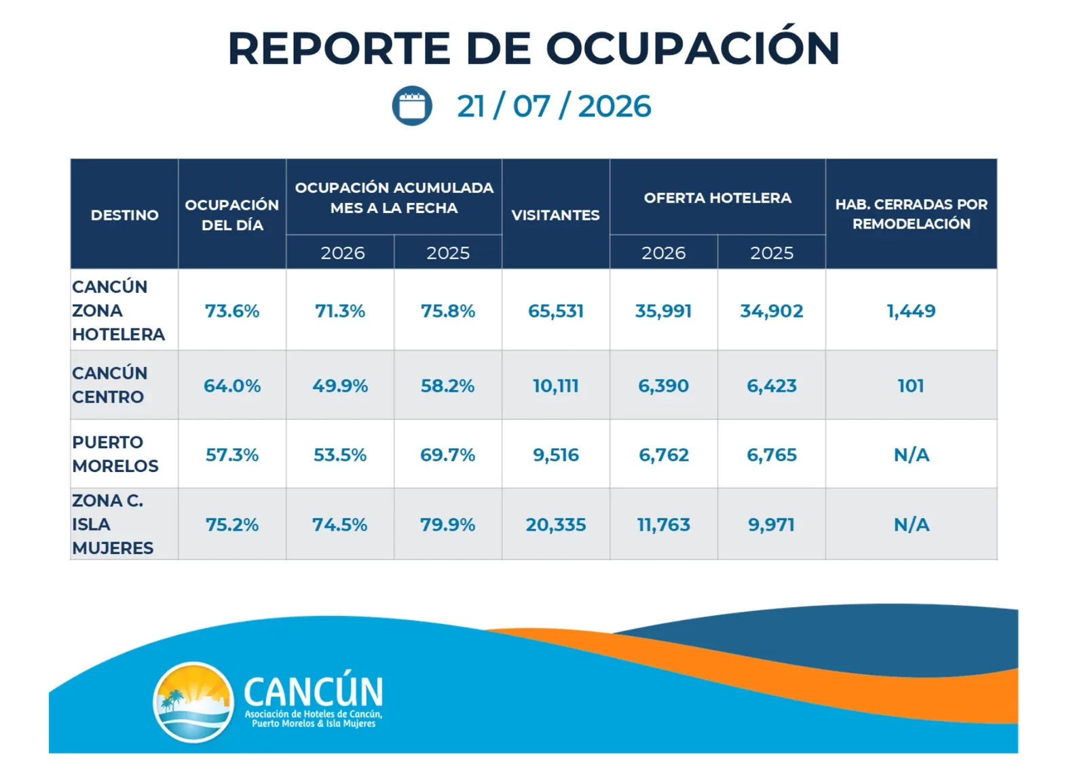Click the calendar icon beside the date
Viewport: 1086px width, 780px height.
(412, 106)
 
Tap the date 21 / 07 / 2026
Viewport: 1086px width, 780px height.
(554, 106)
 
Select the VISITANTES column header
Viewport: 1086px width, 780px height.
(556, 214)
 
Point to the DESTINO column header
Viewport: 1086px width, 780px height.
(125, 214)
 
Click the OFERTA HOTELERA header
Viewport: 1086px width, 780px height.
(717, 197)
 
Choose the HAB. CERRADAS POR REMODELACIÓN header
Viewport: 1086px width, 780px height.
(912, 214)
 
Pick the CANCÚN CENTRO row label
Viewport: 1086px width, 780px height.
(109, 385)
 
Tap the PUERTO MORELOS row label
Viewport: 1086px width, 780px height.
(115, 454)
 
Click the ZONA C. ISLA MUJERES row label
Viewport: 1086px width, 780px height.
(113, 524)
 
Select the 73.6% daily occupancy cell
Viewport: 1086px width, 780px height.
(232, 311)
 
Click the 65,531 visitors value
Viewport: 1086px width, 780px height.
(556, 311)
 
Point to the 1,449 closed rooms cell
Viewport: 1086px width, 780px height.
(911, 311)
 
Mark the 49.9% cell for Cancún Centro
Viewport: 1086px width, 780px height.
(340, 386)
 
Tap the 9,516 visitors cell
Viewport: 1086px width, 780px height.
(556, 454)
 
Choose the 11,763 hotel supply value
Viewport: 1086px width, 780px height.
(663, 525)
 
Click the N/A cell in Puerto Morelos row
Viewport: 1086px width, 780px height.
(912, 455)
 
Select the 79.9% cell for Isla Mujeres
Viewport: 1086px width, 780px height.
(447, 525)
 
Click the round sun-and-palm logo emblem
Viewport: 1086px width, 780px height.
(193, 702)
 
